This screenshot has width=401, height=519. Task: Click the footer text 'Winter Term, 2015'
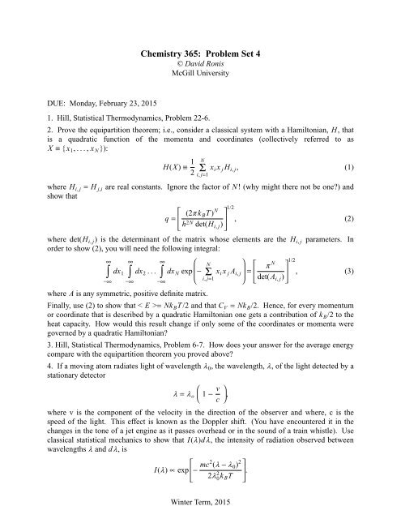pos(200,507)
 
